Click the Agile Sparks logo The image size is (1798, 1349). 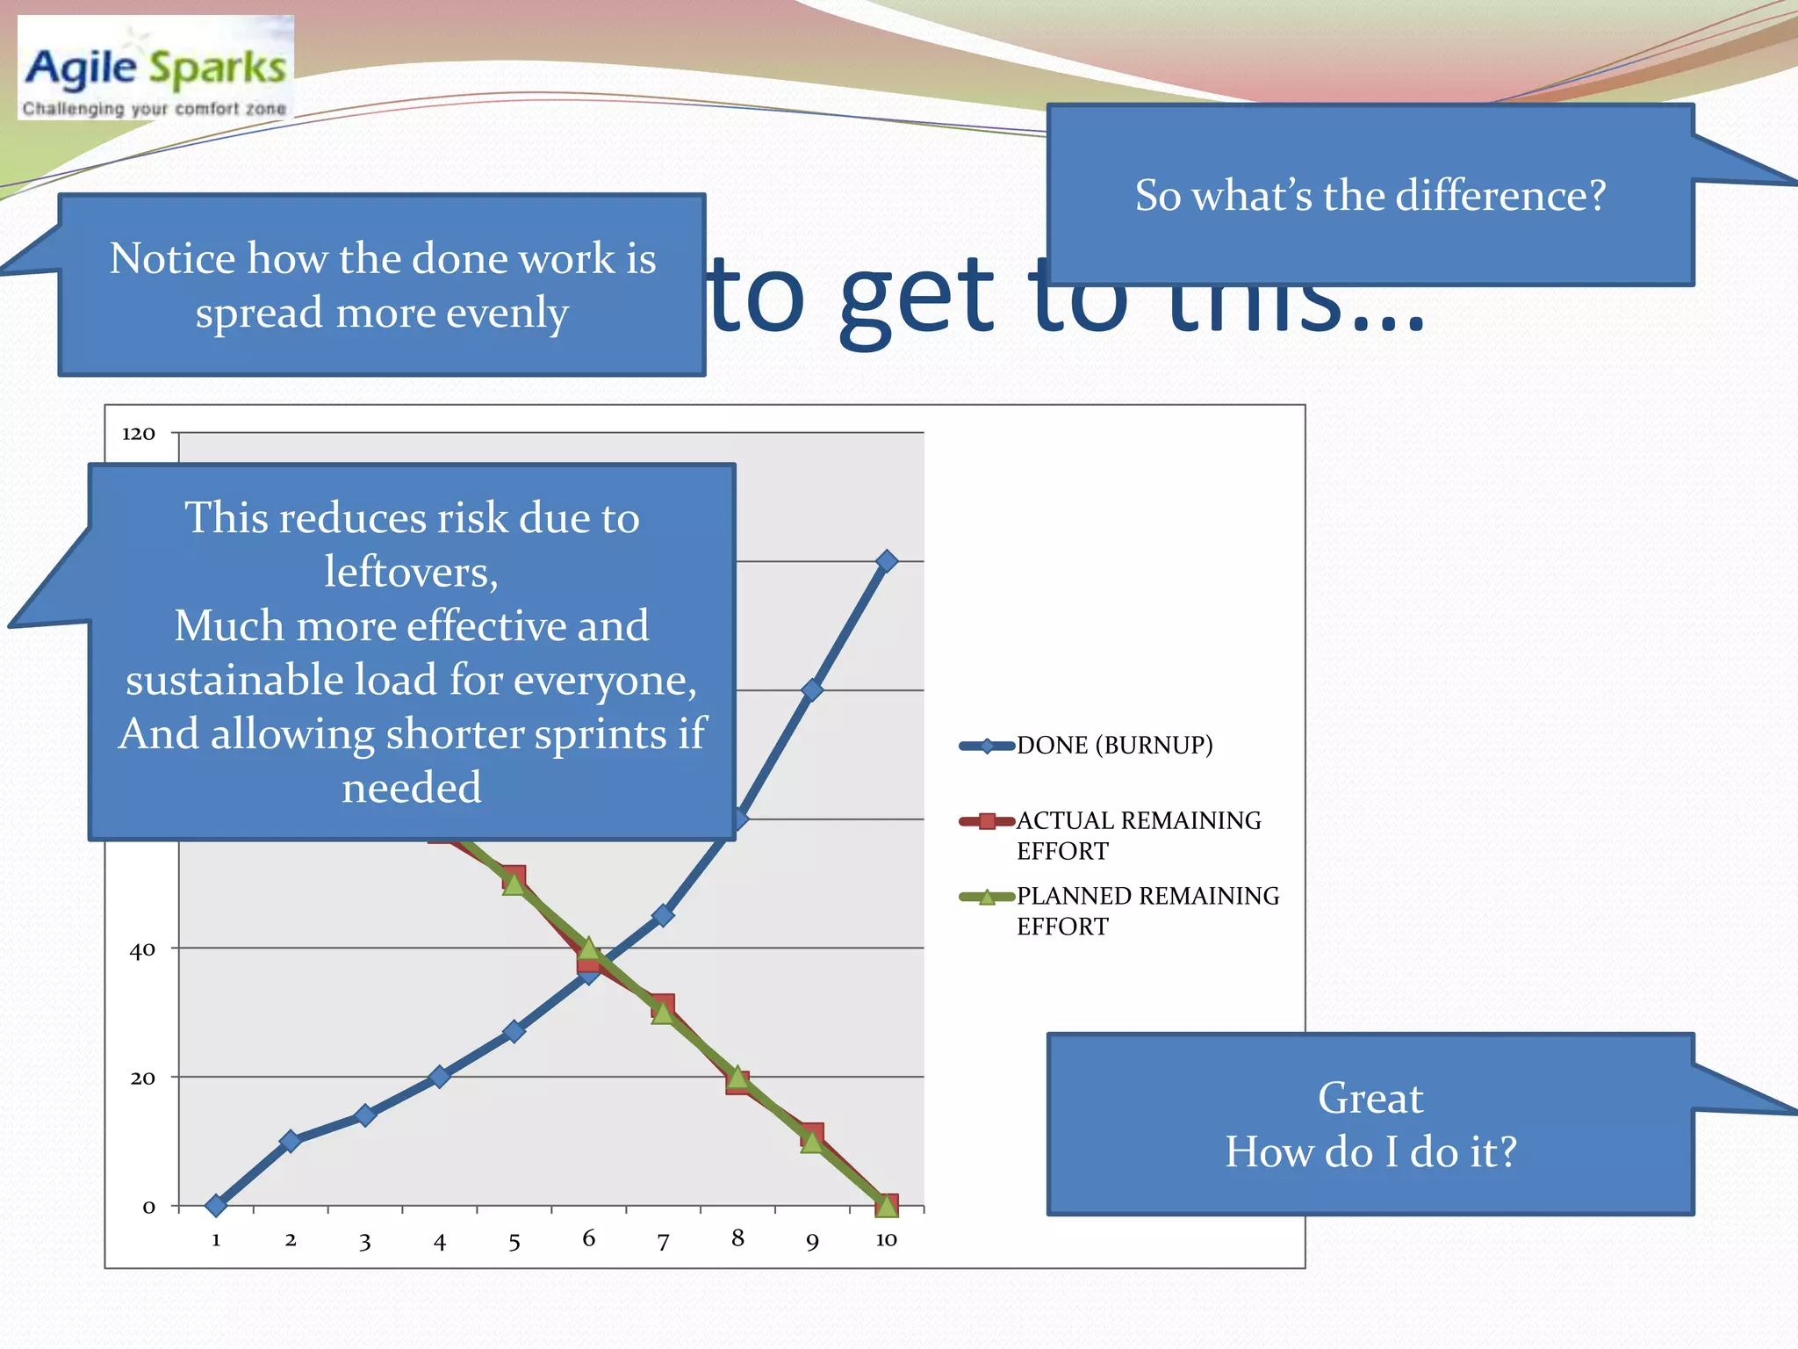[x=155, y=69]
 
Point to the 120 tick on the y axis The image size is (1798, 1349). [x=139, y=433]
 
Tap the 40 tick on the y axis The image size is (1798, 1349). [x=142, y=949]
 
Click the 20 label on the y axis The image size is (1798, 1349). [x=142, y=1078]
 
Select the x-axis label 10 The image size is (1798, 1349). [x=886, y=1239]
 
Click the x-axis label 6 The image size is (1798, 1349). [x=588, y=1238]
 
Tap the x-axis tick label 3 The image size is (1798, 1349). [x=365, y=1242]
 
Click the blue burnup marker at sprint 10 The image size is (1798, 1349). [x=887, y=560]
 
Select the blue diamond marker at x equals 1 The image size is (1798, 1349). [x=216, y=1205]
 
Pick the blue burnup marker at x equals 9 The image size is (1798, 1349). [x=812, y=689]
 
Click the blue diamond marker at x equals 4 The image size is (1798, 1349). [x=440, y=1076]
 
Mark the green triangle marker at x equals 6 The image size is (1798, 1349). [x=589, y=949]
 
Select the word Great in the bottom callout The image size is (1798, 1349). [x=1370, y=1098]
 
